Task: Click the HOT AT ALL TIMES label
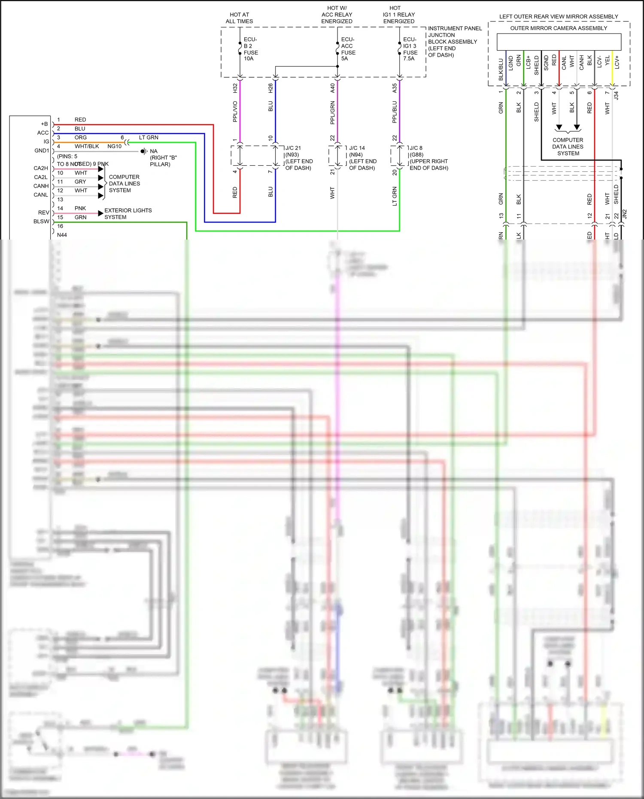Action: [239, 18]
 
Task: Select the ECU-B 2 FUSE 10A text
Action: [251, 49]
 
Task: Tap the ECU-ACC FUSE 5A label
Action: [348, 49]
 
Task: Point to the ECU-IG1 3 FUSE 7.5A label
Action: [410, 49]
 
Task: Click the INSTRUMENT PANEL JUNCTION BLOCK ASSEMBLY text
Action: [454, 41]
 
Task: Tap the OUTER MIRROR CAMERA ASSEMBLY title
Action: [559, 28]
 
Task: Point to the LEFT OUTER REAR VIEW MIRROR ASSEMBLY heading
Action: [559, 17]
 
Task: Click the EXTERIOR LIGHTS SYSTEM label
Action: [128, 213]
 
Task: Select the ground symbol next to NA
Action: [144, 151]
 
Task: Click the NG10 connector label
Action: [114, 146]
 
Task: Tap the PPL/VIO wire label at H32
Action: [235, 111]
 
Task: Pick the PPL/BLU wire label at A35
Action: [395, 112]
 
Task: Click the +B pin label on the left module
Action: [44, 124]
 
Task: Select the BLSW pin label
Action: [42, 222]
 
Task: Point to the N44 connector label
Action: [62, 235]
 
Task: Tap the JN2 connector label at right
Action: [625, 213]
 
